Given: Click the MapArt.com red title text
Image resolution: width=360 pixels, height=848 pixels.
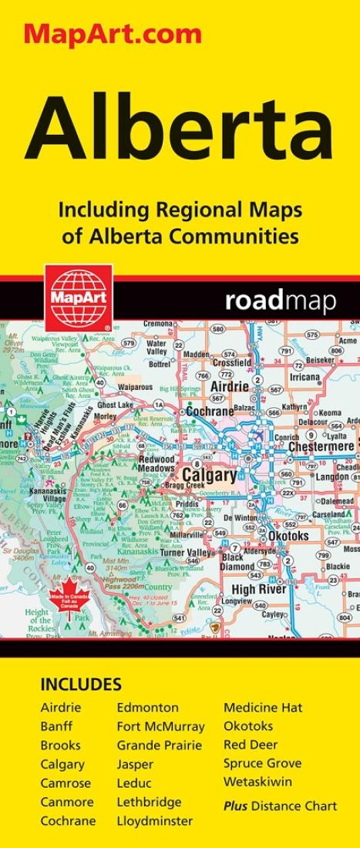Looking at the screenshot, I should [113, 34].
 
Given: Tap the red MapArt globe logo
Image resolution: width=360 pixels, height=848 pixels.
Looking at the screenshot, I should [78, 297].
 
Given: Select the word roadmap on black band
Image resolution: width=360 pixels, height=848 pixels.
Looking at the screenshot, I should [281, 301].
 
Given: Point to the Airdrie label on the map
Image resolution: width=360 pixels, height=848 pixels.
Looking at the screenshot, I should [230, 385].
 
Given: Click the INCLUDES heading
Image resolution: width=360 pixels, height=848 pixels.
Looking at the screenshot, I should [81, 685].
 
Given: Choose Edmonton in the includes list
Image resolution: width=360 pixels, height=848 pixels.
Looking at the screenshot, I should [147, 708].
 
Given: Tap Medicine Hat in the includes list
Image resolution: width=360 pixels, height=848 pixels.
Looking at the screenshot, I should [263, 708].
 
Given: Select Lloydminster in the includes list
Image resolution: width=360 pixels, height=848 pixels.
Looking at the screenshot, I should [155, 821].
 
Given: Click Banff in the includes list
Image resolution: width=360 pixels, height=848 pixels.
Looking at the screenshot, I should [56, 726].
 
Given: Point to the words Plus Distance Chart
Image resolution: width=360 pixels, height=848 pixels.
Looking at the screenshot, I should [280, 806].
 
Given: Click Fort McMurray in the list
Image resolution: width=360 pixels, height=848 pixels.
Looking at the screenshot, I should [161, 726].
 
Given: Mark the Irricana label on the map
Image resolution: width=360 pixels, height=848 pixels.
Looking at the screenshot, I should [304, 377].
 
